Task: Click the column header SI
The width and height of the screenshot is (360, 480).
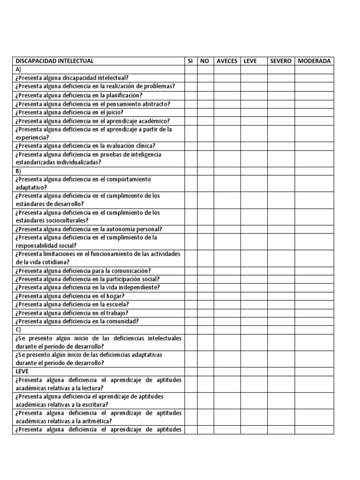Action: coord(190,61)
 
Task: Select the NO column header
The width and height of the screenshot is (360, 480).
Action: coord(205,61)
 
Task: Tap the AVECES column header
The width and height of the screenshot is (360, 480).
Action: coord(227,61)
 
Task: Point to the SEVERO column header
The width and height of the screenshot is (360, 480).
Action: coord(281,61)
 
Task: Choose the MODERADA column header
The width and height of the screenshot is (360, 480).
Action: coord(314,61)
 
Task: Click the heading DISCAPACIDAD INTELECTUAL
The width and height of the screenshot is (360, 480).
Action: coord(55,61)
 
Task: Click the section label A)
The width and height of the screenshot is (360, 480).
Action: coord(19,69)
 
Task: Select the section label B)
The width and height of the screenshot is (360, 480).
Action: coord(19,171)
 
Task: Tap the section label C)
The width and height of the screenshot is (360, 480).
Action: coord(19,330)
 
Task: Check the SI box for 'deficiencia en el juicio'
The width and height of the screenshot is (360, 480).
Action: coord(190,112)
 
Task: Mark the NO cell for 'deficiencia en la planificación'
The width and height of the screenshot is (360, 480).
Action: coord(205,95)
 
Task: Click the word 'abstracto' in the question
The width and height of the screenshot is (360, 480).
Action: coord(154,104)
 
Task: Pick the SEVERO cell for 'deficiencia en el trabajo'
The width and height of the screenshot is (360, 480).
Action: coord(281,313)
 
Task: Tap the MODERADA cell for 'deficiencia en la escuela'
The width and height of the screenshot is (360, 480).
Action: coord(314,304)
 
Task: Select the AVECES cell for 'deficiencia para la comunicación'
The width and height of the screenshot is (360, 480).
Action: coord(227,270)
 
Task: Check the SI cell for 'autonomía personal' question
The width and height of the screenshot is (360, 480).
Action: coord(190,229)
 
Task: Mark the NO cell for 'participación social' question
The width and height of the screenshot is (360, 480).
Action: coord(205,279)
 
